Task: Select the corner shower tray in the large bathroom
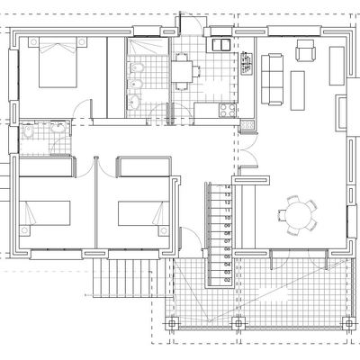(143, 48)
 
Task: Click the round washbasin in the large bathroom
(135, 101)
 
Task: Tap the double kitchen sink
(219, 43)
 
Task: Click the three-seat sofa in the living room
(272, 76)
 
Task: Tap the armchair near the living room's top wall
(306, 49)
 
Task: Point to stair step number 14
(216, 186)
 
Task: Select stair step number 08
(216, 233)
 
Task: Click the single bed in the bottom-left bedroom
(45, 214)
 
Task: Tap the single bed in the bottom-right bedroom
(144, 214)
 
